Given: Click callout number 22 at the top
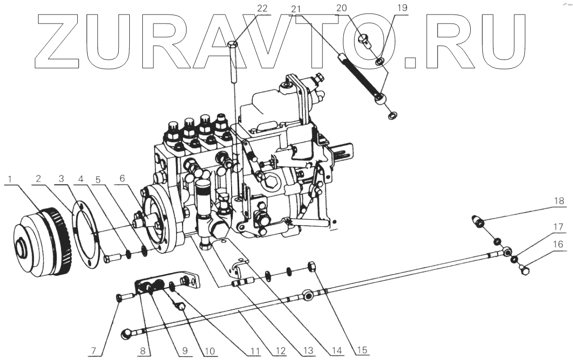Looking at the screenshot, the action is (263, 9).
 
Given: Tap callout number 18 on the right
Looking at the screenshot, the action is (559, 201).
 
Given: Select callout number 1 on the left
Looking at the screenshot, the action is (11, 179).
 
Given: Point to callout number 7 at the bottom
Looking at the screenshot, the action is (94, 351).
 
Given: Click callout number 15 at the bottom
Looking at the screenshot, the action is (361, 350).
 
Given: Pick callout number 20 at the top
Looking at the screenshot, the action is (341, 8).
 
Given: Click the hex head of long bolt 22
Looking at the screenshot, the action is (234, 44).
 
